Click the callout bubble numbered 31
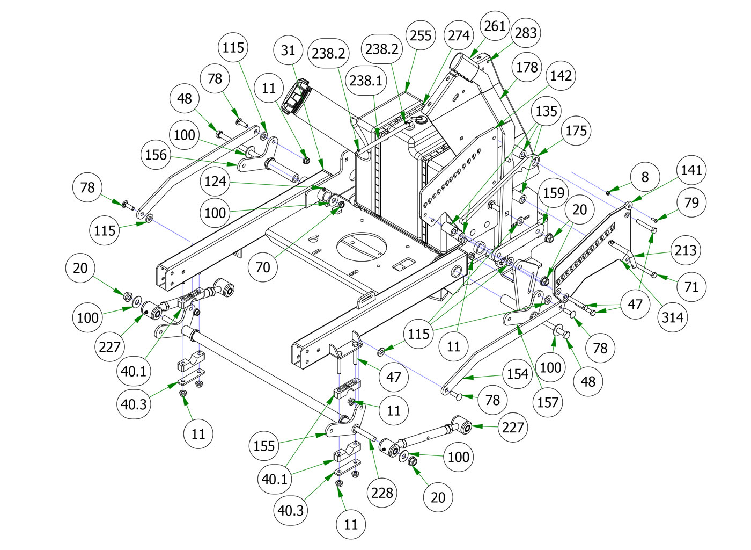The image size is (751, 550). click(x=288, y=50)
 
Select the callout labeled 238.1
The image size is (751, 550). click(x=366, y=81)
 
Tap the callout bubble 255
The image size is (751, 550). click(x=421, y=35)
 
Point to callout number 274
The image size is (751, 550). click(x=459, y=35)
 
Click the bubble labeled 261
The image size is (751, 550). click(x=494, y=26)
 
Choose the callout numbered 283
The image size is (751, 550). click(x=526, y=33)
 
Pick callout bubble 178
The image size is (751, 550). click(x=527, y=67)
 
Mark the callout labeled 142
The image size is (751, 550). click(x=561, y=76)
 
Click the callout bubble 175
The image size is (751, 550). click(x=576, y=131)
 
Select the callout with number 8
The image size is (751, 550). click(x=645, y=177)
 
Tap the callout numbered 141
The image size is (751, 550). click(x=691, y=170)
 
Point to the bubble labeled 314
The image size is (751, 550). click(x=672, y=317)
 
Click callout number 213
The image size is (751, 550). click(x=686, y=250)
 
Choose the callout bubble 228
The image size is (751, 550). click(x=382, y=493)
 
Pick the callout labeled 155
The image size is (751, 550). click(x=264, y=446)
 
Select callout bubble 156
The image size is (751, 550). click(x=156, y=155)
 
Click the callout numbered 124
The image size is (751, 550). click(x=215, y=181)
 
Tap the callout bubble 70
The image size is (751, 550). click(x=263, y=267)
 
